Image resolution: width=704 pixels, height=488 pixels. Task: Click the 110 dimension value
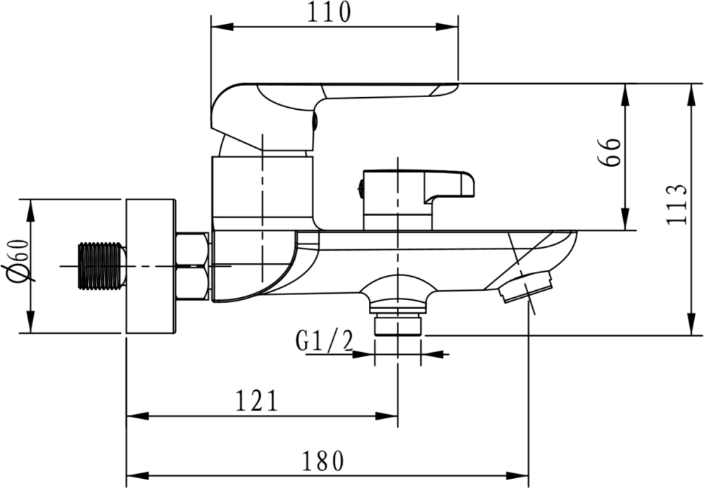[x=328, y=12]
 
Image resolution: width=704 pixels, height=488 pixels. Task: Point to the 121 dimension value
[x=257, y=401]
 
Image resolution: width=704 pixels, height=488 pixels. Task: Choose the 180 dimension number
[x=323, y=460]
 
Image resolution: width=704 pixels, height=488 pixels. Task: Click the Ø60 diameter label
[x=18, y=261]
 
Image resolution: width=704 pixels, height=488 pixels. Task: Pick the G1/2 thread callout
[x=325, y=341]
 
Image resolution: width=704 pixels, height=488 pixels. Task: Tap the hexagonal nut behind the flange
[x=193, y=265]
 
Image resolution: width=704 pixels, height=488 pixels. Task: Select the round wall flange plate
[x=151, y=266]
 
